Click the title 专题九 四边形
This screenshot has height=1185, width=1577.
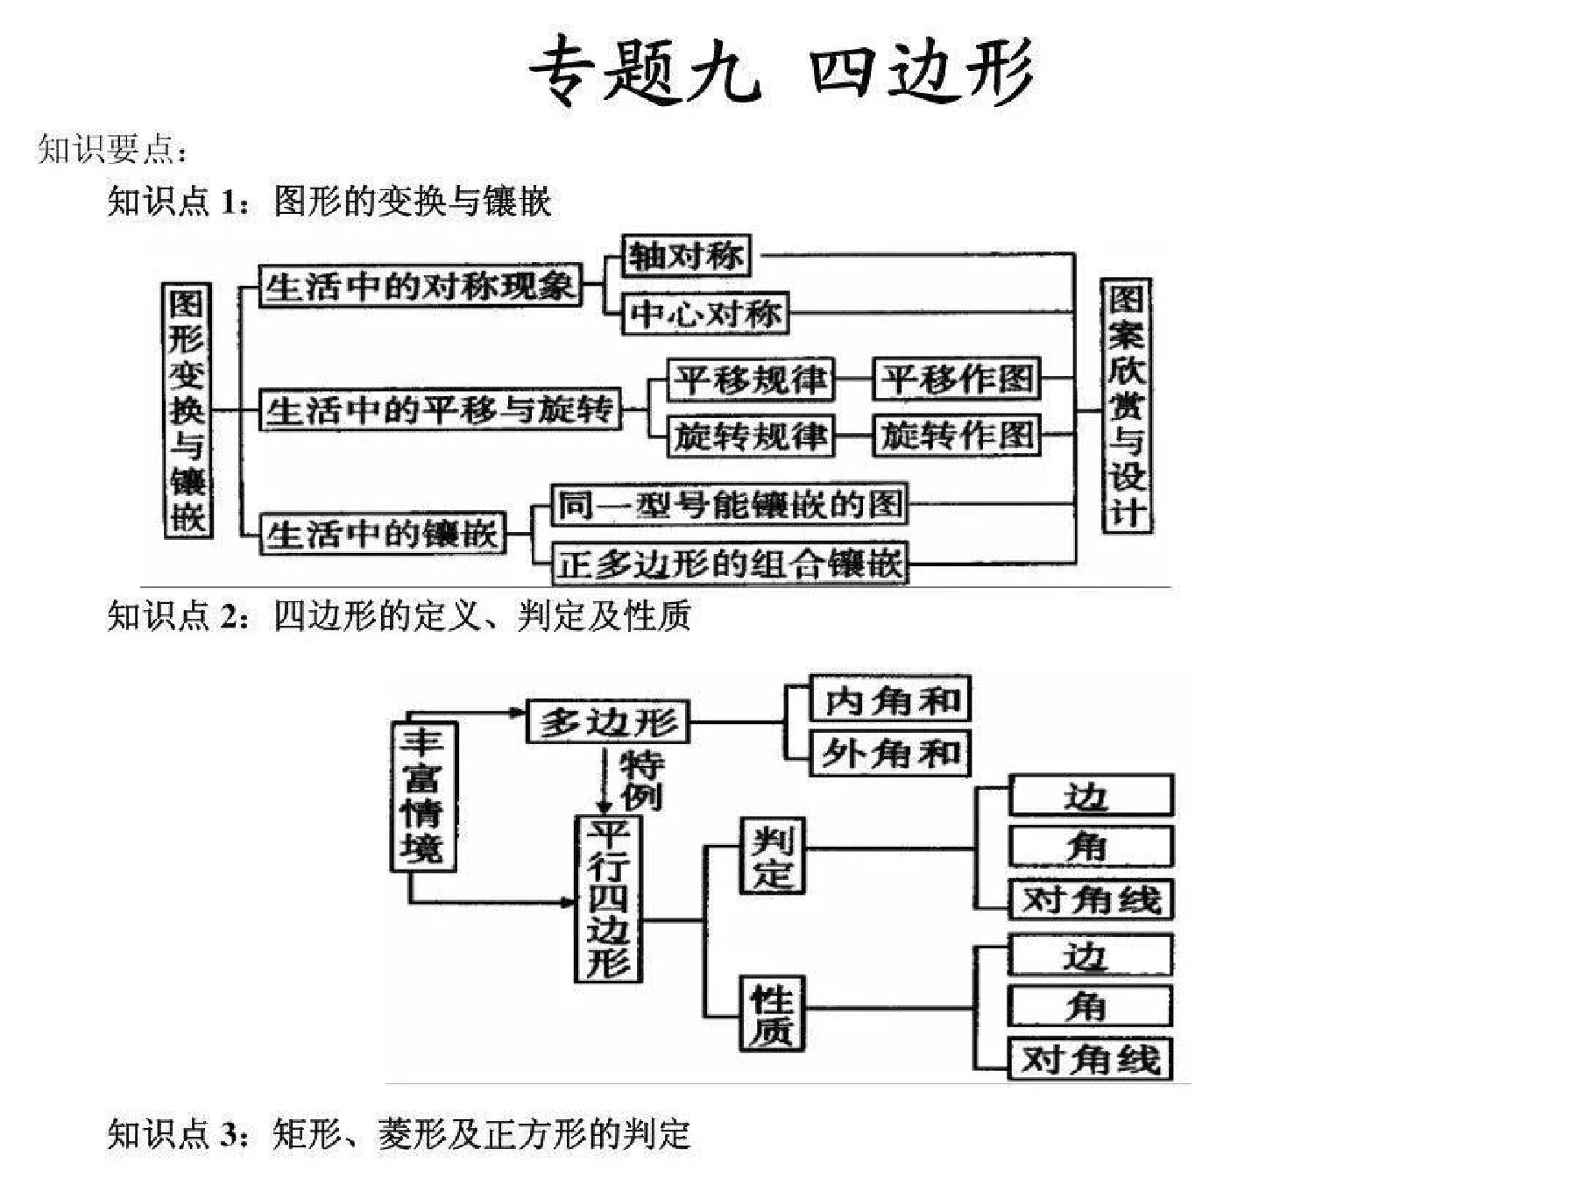(781, 70)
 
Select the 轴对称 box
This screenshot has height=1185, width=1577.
(686, 256)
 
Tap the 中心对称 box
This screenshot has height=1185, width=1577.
(705, 313)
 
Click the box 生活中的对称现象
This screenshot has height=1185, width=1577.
(421, 286)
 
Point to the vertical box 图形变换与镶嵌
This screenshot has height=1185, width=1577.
(187, 409)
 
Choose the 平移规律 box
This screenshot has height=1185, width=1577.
(750, 379)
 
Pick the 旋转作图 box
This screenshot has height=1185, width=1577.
(957, 435)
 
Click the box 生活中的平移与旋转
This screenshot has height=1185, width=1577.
(440, 409)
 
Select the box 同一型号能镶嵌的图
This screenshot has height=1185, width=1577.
(729, 504)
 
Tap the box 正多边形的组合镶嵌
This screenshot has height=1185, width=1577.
(730, 563)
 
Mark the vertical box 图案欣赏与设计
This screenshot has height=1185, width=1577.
(1126, 406)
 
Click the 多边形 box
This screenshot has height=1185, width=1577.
(608, 721)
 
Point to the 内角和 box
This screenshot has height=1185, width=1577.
(890, 699)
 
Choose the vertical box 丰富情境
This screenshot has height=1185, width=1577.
(423, 796)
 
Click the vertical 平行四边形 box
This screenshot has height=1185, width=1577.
(608, 898)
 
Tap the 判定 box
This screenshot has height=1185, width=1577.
(772, 855)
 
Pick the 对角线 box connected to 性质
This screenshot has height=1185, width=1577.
(1091, 1059)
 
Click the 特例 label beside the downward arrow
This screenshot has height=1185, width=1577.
(642, 780)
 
